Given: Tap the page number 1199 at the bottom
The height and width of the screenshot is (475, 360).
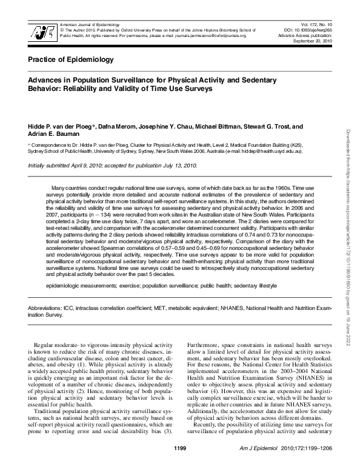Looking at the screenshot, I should tap(180, 465).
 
